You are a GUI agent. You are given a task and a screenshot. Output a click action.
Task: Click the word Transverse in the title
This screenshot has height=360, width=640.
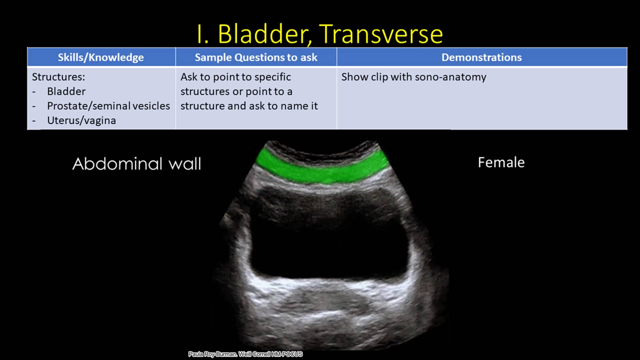pyautogui.click(x=381, y=34)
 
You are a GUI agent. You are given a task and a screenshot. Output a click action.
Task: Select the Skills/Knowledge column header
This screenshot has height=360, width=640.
pyautogui.click(x=101, y=57)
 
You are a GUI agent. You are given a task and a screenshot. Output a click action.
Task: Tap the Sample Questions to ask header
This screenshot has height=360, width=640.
pyautogui.click(x=256, y=57)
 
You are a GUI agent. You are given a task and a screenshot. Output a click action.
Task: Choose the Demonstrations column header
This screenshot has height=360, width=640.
pyautogui.click(x=481, y=57)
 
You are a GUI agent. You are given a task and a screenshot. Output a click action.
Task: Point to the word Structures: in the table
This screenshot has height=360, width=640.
pyautogui.click(x=58, y=77)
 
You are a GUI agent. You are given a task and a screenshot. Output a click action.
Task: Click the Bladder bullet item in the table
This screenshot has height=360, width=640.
pyautogui.click(x=66, y=91)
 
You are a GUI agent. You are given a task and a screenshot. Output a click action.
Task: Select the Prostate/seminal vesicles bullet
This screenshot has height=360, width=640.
pyautogui.click(x=108, y=106)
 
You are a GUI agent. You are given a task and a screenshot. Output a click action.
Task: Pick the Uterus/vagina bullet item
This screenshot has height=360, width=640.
pyautogui.click(x=81, y=120)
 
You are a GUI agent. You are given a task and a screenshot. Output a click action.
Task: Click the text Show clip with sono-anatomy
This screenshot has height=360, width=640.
pyautogui.click(x=413, y=77)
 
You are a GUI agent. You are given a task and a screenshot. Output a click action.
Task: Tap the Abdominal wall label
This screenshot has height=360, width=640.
pyautogui.click(x=137, y=164)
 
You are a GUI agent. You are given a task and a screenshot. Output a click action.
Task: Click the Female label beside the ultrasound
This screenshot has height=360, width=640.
pyautogui.click(x=501, y=163)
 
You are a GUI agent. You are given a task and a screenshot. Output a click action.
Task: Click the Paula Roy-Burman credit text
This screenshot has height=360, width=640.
pyautogui.click(x=212, y=354)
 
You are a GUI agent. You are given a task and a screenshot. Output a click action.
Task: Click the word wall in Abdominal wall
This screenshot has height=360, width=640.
pyautogui.click(x=185, y=164)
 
